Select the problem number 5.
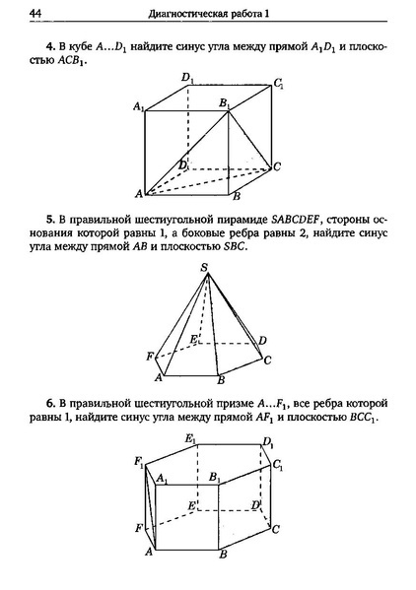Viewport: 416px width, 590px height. tap(49, 216)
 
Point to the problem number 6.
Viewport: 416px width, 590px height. tap(49, 404)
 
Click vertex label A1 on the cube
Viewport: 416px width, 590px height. tap(138, 104)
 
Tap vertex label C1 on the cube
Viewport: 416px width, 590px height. tap(281, 84)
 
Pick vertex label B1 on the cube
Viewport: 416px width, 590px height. tap(225, 101)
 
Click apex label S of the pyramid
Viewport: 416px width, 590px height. tap(204, 268)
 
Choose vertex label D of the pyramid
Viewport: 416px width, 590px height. tap(262, 340)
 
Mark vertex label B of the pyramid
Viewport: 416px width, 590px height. tap(222, 379)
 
